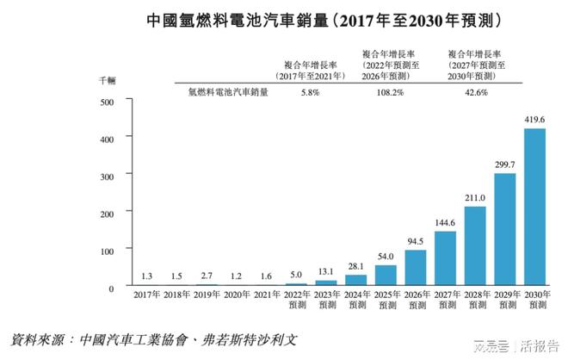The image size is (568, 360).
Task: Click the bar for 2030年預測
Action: (x=534, y=207)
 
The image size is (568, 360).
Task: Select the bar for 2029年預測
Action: (x=504, y=229)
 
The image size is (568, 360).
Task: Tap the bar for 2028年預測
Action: (x=475, y=245)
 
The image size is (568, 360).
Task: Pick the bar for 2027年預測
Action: (x=445, y=258)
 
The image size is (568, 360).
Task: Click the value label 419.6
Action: (x=534, y=120)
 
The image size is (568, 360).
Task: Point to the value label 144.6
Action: (x=445, y=223)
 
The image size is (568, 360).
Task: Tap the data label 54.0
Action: (x=386, y=257)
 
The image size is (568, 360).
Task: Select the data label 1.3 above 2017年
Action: (x=148, y=276)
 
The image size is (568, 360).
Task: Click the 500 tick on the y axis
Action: (x=108, y=102)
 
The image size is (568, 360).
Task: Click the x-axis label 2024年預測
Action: (x=356, y=301)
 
